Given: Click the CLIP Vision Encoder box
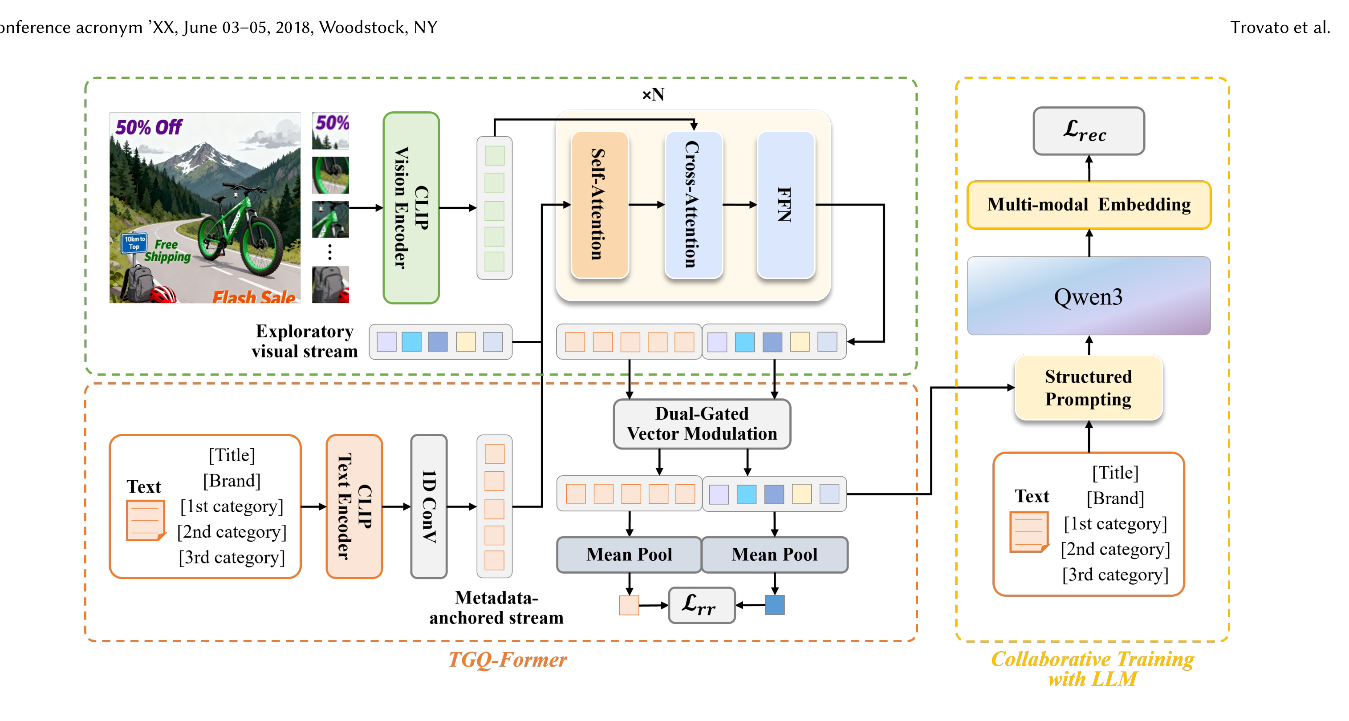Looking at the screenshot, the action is pyautogui.click(x=411, y=208).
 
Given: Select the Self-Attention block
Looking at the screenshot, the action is pyautogui.click(x=600, y=205).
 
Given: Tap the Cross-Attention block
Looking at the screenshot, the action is pyautogui.click(x=693, y=205).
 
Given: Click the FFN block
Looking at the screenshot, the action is pyautogui.click(x=786, y=205).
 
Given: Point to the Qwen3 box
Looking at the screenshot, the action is pyautogui.click(x=1089, y=296).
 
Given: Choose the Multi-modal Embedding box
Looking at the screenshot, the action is pyautogui.click(x=1089, y=205).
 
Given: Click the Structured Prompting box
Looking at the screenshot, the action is pyautogui.click(x=1088, y=388).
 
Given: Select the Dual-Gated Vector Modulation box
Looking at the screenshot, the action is pyautogui.click(x=702, y=424).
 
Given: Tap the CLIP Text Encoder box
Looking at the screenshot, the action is pyautogui.click(x=354, y=506).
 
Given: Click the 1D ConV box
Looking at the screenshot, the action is pyautogui.click(x=429, y=506).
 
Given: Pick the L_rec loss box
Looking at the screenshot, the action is pyautogui.click(x=1089, y=131).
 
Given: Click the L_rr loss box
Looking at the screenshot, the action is pyautogui.click(x=702, y=605).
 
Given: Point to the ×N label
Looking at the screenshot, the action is pyautogui.click(x=653, y=95).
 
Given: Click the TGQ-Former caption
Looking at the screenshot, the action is pyautogui.click(x=508, y=659).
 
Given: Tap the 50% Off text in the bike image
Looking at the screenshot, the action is pyautogui.click(x=149, y=127).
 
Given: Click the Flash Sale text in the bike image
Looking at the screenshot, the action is pyautogui.click(x=254, y=297).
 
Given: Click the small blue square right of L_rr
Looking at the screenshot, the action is pyautogui.click(x=775, y=605).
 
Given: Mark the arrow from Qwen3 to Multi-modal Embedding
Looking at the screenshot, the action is pyautogui.click(x=1089, y=243).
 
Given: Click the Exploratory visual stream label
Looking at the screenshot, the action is pyautogui.click(x=304, y=341).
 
